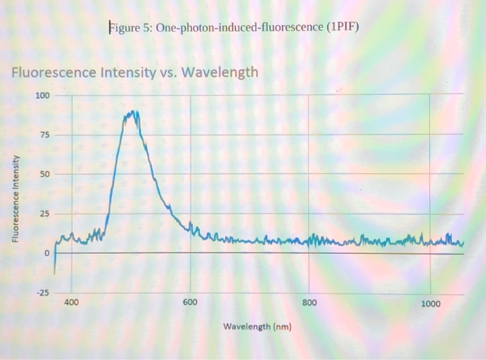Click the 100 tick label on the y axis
[x=43, y=95]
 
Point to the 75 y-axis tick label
[x=44, y=135]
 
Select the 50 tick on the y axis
[x=44, y=173]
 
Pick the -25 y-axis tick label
[x=43, y=293]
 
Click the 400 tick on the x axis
[x=72, y=303]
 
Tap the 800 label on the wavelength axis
[x=310, y=303]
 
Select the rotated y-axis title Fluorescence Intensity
[x=16, y=198]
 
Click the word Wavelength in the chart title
[x=220, y=72]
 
